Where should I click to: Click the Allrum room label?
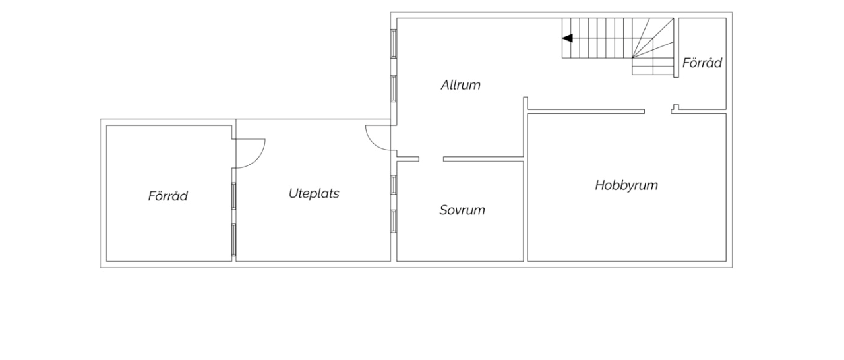click(x=460, y=85)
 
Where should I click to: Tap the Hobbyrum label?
click(x=626, y=185)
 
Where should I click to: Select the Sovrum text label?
click(x=462, y=210)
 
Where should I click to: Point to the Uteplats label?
click(x=314, y=194)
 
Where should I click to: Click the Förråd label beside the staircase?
click(x=702, y=63)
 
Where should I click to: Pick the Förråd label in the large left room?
click(x=167, y=196)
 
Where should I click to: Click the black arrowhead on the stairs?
click(x=568, y=38)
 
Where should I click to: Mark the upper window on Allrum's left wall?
click(x=394, y=44)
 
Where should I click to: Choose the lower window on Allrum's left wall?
click(x=394, y=88)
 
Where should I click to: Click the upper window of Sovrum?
click(x=394, y=185)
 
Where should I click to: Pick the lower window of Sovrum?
click(x=394, y=222)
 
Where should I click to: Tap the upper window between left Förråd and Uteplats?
click(x=233, y=196)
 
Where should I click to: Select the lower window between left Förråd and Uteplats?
click(x=233, y=240)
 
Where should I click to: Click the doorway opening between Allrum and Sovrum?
click(x=431, y=160)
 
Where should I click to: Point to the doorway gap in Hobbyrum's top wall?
click(x=658, y=111)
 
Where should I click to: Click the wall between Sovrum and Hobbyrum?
click(x=526, y=211)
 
